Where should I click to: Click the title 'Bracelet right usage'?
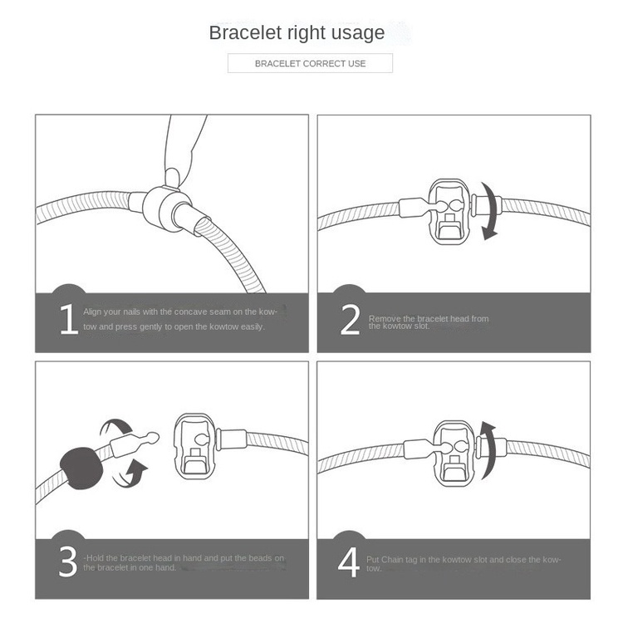tap(297, 33)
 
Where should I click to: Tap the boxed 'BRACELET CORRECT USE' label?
tap(311, 64)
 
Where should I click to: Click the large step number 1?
tap(69, 319)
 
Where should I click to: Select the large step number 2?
tap(350, 320)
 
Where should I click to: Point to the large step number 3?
tap(68, 562)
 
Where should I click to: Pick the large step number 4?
tap(348, 562)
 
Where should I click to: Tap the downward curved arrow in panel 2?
tap(489, 211)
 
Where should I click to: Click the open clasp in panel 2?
tap(449, 212)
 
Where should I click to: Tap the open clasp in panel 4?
tap(454, 454)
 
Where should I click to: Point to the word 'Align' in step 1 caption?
tap(92, 311)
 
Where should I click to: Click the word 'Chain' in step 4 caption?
tap(392, 560)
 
